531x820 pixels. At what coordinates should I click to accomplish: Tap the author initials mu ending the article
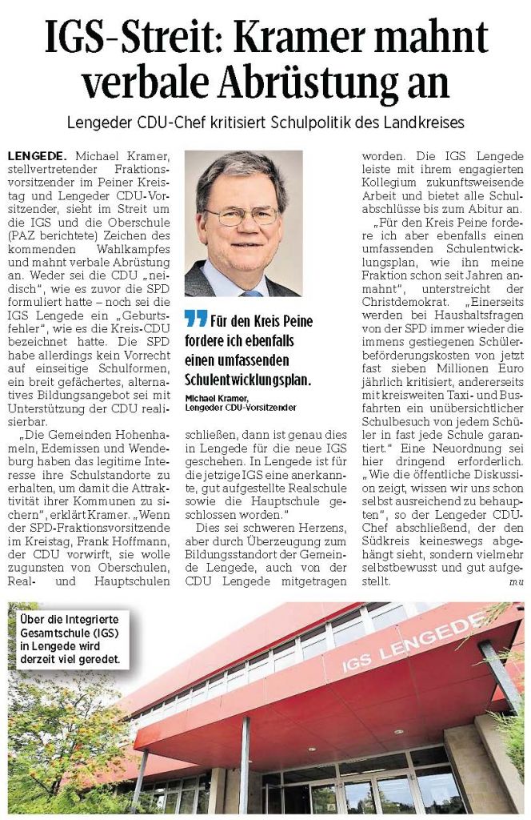click(516, 583)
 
